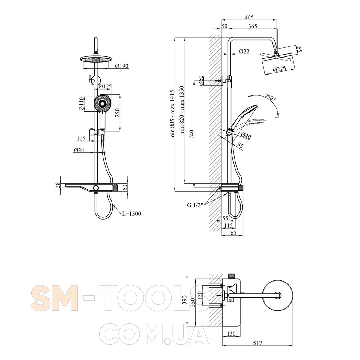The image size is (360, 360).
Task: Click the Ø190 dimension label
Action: pyautogui.click(x=122, y=66)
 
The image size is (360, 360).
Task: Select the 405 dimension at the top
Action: pyautogui.click(x=249, y=17)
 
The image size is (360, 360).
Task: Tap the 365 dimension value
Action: pyautogui.click(x=253, y=26)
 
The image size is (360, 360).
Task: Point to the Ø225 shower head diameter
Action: pyautogui.click(x=279, y=69)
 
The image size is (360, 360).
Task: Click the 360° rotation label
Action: pyautogui.click(x=270, y=97)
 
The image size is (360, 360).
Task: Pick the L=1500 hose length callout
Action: pyautogui.click(x=131, y=214)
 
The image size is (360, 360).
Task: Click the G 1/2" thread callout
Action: pyautogui.click(x=195, y=205)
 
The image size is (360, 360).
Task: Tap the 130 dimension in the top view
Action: pyautogui.click(x=231, y=334)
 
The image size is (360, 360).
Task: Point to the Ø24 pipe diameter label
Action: pyautogui.click(x=79, y=150)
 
